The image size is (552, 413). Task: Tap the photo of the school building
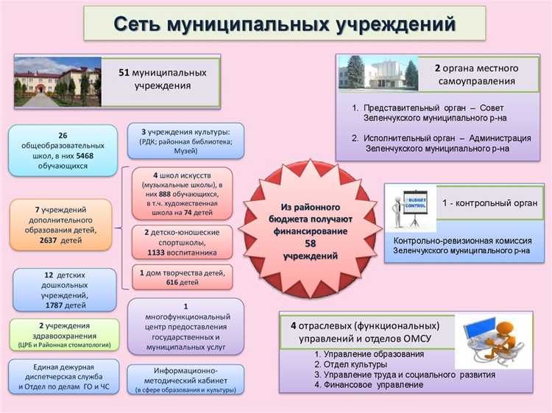[57, 82]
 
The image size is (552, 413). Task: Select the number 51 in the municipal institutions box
[124, 72]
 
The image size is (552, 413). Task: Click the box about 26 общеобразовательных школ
[63, 150]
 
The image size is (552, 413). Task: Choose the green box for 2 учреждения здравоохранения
[63, 334]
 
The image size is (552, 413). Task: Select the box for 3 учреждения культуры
[185, 141]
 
